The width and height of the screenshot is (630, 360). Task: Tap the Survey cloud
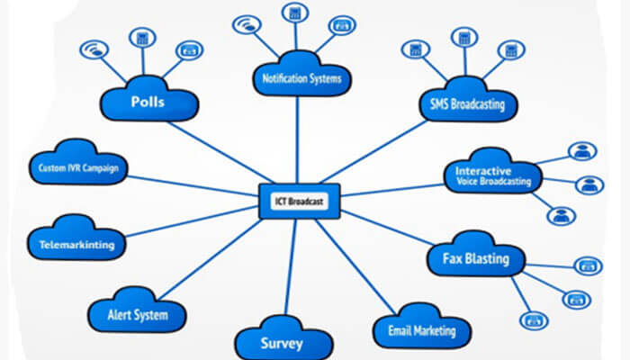pyautogui.click(x=281, y=342)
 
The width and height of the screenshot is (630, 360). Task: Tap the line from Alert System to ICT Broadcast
pyautogui.click(x=216, y=256)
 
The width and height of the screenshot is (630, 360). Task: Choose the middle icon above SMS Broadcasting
pyautogui.click(x=463, y=38)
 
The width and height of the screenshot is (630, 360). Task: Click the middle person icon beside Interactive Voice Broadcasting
pyautogui.click(x=589, y=184)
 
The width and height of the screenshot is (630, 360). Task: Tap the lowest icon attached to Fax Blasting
pyautogui.click(x=535, y=319)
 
